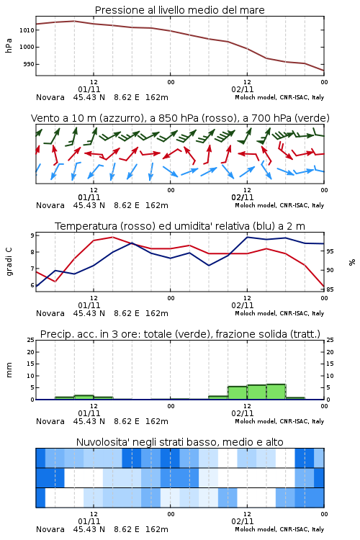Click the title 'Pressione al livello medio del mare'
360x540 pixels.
179,10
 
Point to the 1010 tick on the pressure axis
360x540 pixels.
27,30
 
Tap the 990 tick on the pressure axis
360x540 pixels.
29,64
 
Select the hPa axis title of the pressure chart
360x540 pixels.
9,45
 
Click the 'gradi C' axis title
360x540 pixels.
9,261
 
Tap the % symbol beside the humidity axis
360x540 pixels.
352,262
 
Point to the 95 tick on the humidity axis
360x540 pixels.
330,251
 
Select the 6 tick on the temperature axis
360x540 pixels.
32,285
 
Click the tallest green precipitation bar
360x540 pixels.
276,392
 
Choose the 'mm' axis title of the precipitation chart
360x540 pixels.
9,370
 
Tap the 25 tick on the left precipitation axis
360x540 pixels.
31,340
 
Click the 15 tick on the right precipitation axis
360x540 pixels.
330,364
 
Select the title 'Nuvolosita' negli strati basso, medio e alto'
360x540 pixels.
179,442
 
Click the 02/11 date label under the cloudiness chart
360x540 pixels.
243,521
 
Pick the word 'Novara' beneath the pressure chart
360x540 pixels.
50,97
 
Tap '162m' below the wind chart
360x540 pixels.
157,206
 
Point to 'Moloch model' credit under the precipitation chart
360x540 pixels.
256,421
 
